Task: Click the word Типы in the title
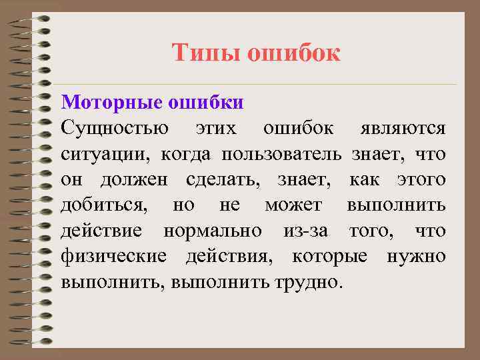coord(205,53)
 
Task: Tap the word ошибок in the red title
coord(294,53)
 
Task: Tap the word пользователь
coord(285,155)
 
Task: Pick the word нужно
coord(417,257)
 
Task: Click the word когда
coord(185,155)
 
